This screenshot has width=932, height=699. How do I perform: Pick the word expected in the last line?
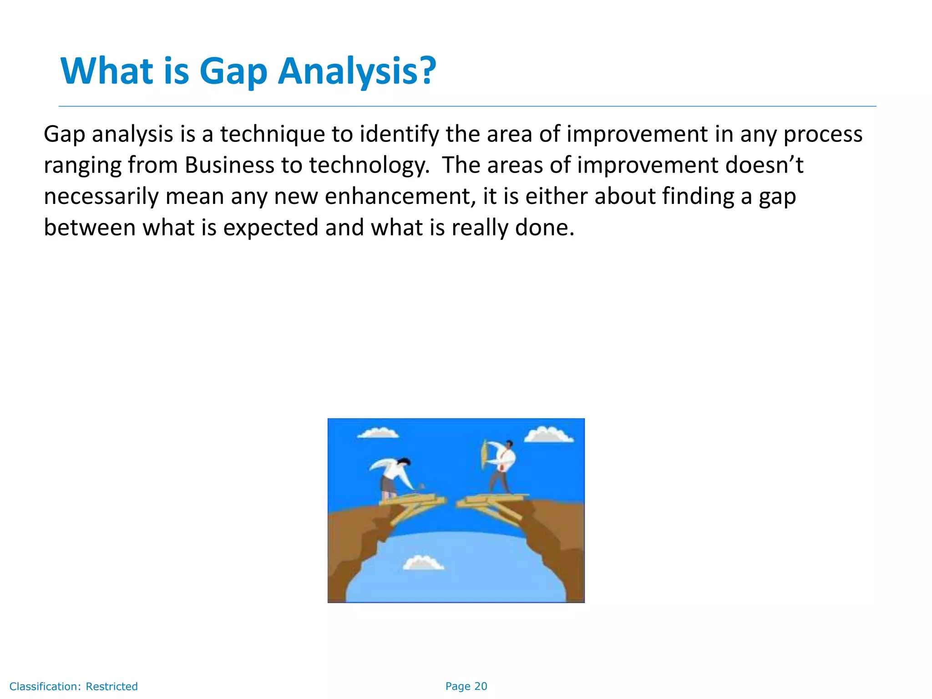coord(270,228)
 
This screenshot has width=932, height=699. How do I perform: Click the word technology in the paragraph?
coord(369,165)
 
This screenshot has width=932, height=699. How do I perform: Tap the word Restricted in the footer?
coord(111,686)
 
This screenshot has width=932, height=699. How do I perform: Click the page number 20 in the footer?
coord(481,686)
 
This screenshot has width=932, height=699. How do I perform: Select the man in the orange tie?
coord(503,466)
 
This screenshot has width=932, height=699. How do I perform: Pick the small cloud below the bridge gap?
coord(423,563)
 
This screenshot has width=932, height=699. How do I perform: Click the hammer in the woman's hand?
coord(422,486)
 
